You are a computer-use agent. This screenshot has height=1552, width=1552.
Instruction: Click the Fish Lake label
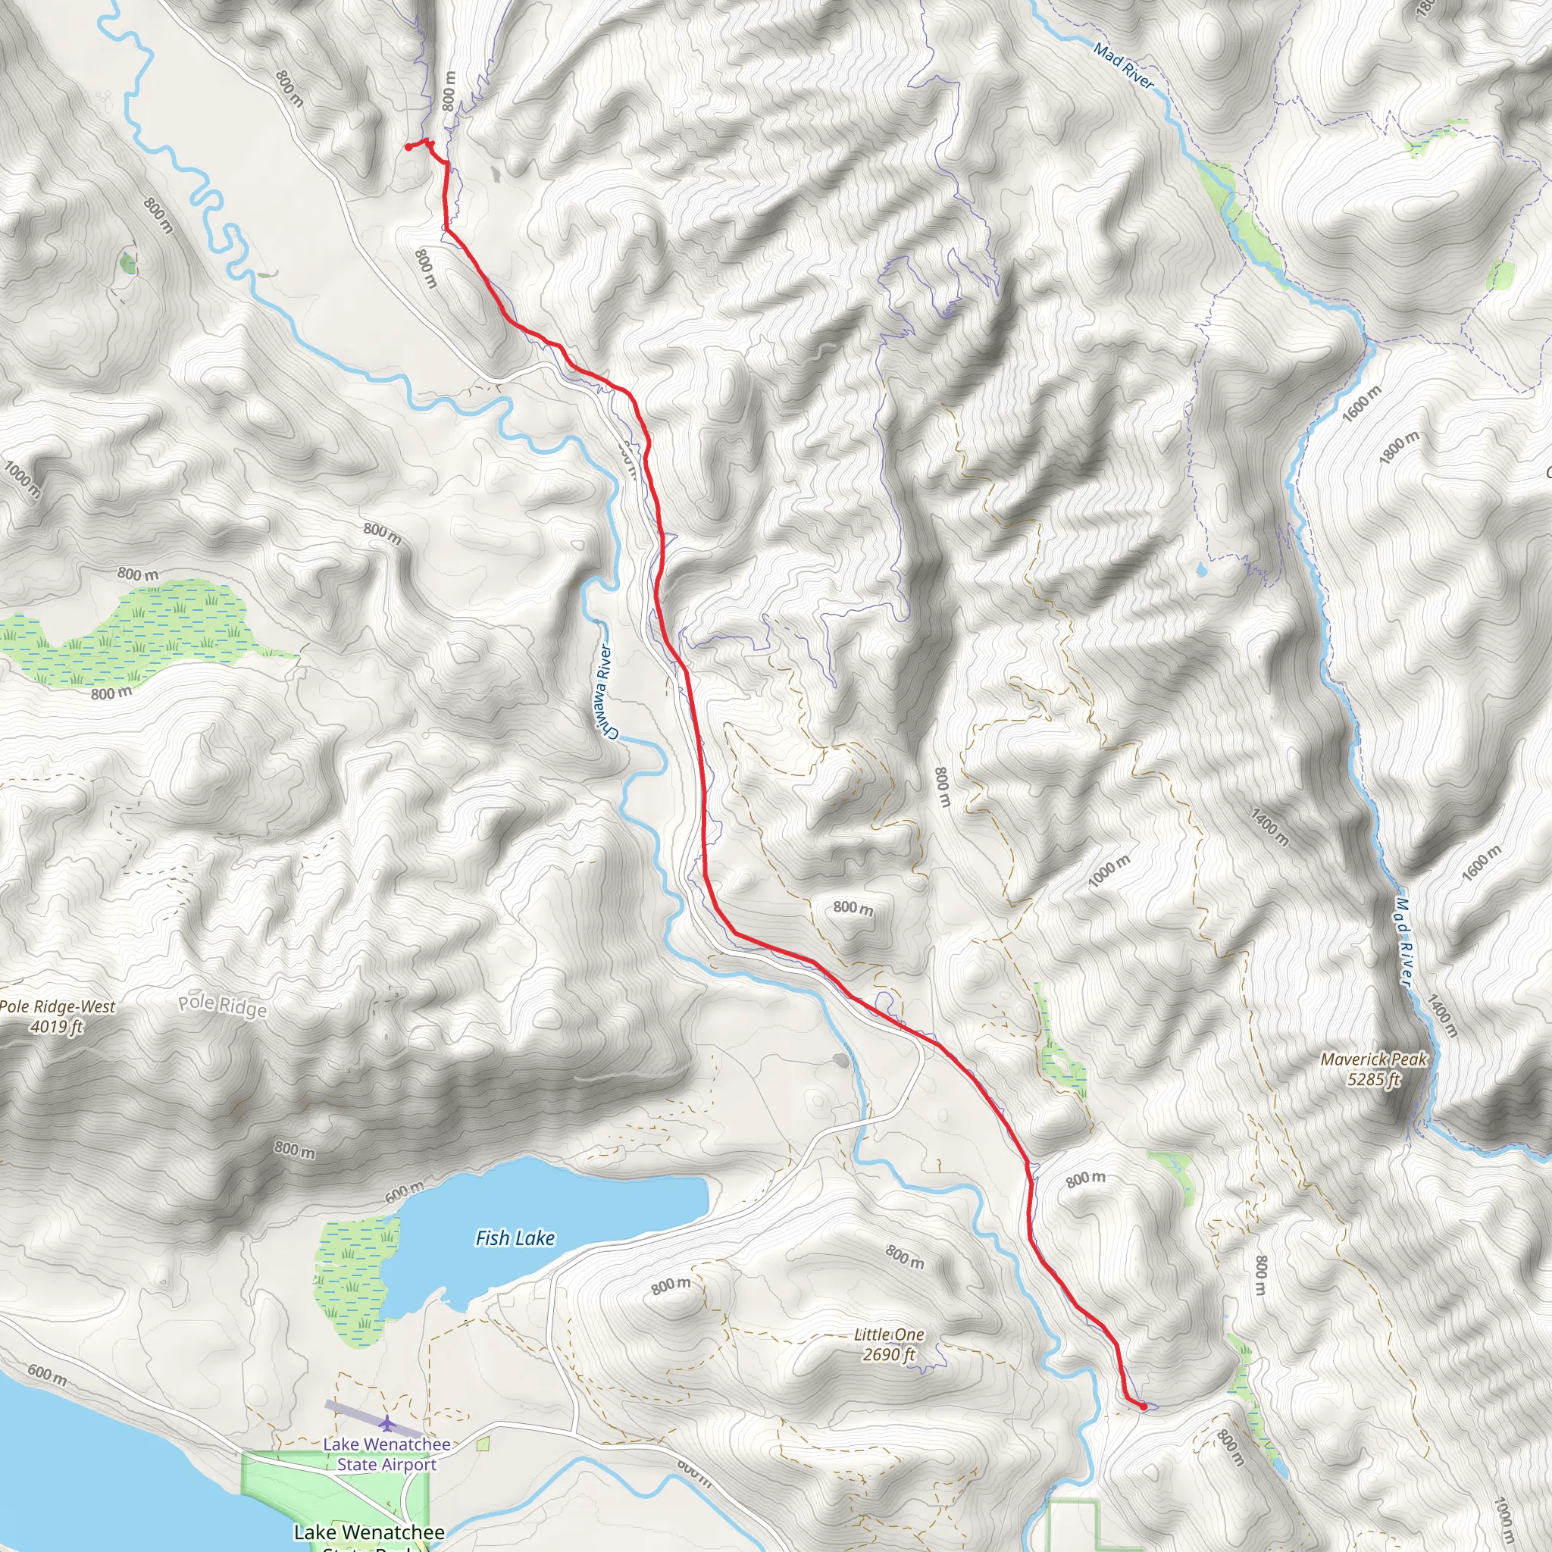515,1238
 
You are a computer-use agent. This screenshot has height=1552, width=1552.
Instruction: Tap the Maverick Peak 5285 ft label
1373,1069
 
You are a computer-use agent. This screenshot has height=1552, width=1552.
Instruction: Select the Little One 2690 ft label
888,1345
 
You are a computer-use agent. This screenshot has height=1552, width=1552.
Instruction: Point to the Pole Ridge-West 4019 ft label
57,1016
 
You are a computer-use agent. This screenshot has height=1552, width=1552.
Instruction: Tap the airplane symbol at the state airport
388,1423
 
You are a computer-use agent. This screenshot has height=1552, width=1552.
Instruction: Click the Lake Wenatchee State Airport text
386,1454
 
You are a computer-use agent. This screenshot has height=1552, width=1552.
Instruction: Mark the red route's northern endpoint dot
408,147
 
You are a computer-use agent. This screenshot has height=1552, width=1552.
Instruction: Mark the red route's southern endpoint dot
1143,1406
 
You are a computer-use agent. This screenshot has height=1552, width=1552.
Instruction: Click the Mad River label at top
1123,67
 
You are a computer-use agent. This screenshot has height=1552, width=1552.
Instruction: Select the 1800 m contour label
1399,447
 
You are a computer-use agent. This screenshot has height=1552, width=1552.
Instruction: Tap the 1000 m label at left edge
22,479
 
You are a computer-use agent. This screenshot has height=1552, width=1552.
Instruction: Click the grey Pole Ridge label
222,1006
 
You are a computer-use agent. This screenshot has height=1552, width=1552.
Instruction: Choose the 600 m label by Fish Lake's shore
405,1192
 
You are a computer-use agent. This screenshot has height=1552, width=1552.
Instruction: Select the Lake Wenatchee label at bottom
369,1532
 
